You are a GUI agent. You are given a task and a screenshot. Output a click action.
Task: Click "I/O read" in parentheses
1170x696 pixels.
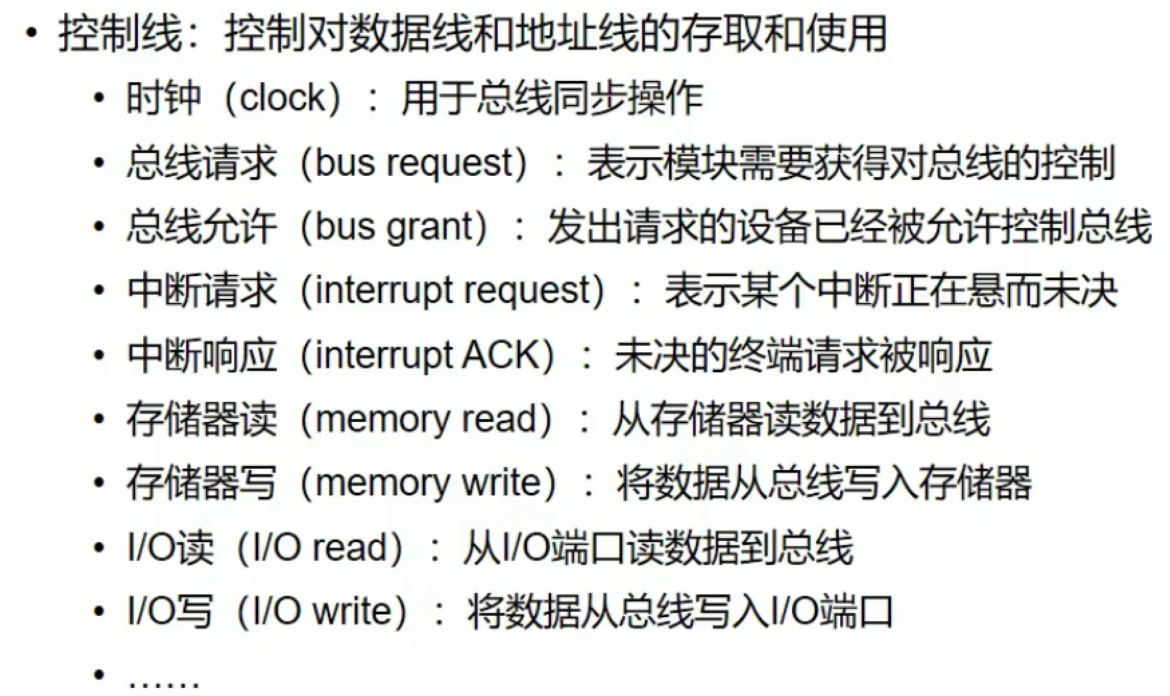pos(320,547)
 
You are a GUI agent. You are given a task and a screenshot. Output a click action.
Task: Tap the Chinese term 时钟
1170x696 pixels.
pos(163,98)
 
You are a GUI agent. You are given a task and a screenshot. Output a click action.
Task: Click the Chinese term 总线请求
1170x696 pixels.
pos(201,164)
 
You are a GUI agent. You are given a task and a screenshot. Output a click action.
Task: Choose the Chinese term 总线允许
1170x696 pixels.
pos(201,227)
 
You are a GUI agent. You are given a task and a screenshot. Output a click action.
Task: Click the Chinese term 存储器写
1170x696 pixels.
pos(201,483)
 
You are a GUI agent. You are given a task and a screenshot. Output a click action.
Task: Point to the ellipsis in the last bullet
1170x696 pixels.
pos(164,683)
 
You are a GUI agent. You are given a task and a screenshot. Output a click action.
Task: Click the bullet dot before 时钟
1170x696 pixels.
pos(100,98)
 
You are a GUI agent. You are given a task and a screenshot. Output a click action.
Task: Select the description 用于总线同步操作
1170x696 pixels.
pos(552,98)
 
